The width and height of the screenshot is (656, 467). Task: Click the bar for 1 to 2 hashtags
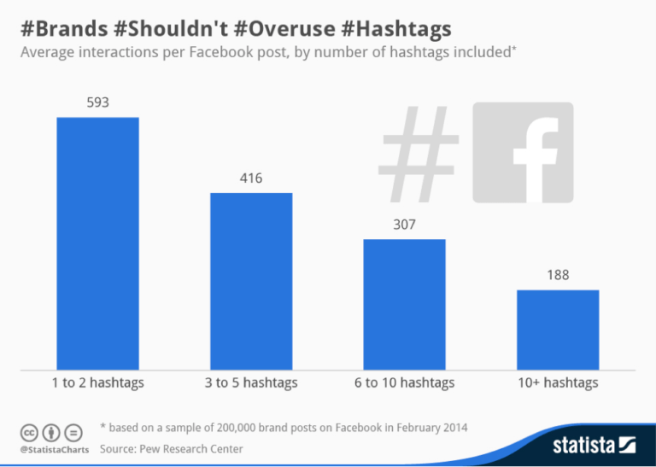(x=97, y=243)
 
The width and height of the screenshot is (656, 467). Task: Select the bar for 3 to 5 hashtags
(x=251, y=281)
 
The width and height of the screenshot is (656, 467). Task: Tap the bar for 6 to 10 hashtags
(x=404, y=304)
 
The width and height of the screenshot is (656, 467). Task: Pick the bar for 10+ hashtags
(x=558, y=330)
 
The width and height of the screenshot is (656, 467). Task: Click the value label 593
(x=97, y=103)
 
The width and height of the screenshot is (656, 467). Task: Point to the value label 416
(x=251, y=179)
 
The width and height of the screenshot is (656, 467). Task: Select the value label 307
(x=404, y=225)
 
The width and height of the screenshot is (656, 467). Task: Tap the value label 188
(x=558, y=276)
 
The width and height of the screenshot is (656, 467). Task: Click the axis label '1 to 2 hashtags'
(x=97, y=383)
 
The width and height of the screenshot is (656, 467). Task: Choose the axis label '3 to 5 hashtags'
(x=251, y=383)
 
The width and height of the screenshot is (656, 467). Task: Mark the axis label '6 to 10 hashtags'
(x=405, y=383)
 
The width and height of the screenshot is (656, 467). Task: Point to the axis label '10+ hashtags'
(x=558, y=383)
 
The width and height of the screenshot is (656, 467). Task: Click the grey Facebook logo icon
(x=523, y=153)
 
